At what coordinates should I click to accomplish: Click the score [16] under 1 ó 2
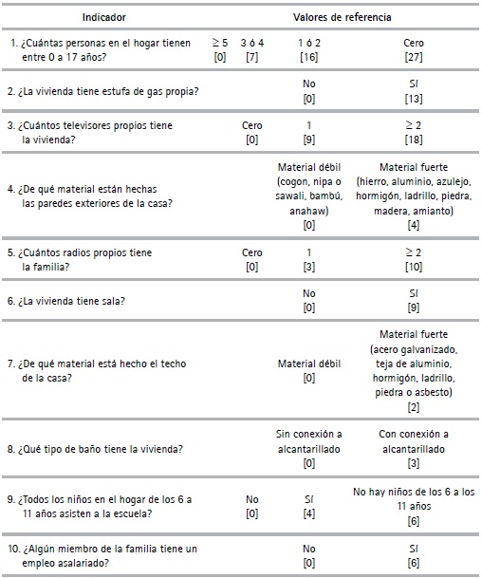coord(309,58)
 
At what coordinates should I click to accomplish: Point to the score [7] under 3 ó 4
coord(252,58)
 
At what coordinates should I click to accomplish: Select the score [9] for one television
coord(309,140)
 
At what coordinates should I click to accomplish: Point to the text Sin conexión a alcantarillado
coord(309,441)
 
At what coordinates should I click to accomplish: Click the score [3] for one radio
coord(309,268)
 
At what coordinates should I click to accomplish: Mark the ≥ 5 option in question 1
coord(219,44)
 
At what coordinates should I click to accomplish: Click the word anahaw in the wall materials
coord(309,212)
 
